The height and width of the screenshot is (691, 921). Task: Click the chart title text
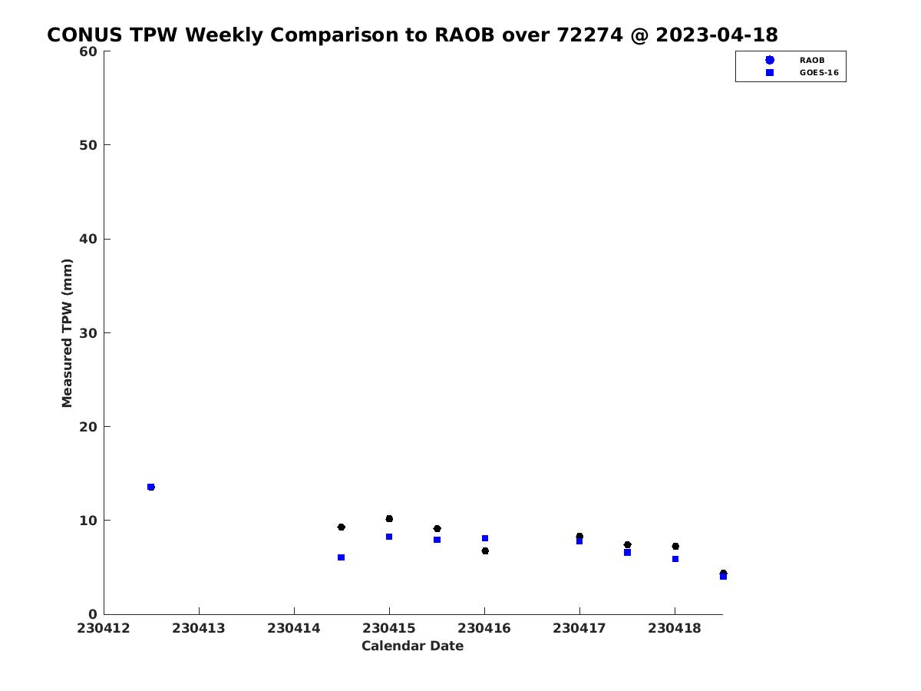coord(412,35)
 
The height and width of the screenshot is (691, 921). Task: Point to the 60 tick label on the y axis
coord(88,51)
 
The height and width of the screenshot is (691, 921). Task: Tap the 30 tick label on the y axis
coord(88,333)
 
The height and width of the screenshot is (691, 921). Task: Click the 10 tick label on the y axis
coord(88,521)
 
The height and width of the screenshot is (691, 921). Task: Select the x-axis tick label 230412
coord(104,628)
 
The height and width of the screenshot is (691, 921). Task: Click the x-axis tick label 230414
coord(294,628)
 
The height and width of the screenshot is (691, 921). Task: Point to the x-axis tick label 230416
coord(484,628)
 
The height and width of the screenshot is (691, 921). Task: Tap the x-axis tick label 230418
coord(675,628)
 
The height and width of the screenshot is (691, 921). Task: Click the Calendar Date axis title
coord(412,646)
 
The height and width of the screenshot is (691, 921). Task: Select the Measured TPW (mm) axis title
coord(67,332)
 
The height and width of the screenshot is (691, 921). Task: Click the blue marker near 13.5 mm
coord(151,487)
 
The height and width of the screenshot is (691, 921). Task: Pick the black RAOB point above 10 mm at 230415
coord(389,518)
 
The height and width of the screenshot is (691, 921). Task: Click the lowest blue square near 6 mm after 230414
coord(341,557)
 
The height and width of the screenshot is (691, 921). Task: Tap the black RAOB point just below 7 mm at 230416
coord(485,550)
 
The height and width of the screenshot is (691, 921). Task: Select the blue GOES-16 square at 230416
coord(485,538)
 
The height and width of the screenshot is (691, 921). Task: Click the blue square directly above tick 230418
coord(675,559)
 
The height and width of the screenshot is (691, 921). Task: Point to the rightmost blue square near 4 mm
coord(724,577)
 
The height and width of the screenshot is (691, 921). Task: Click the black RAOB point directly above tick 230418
coord(675,546)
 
